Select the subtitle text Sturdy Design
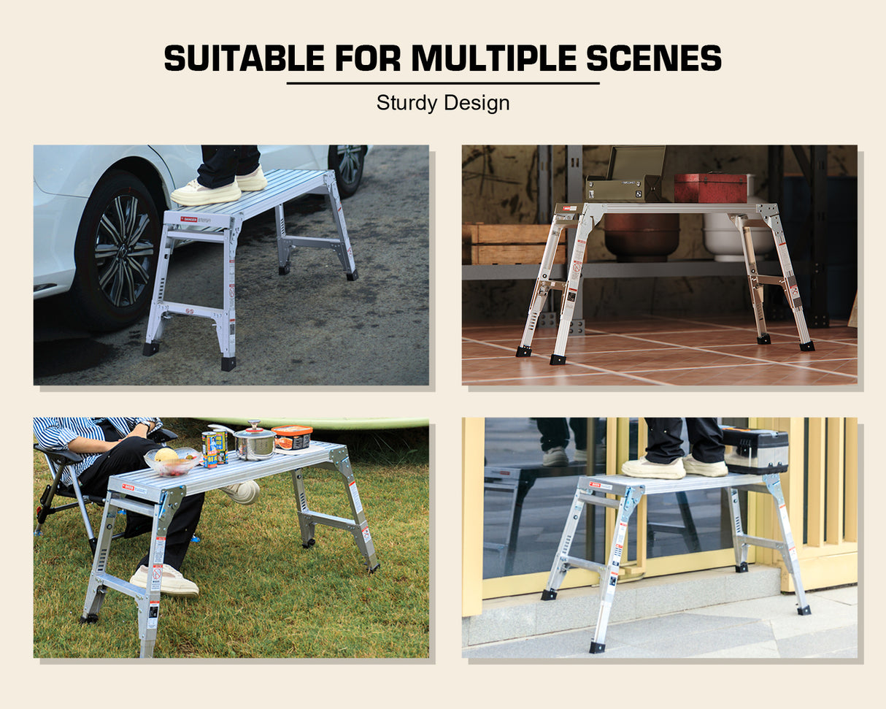point(443,103)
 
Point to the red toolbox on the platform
point(710,188)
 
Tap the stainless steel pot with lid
point(253,442)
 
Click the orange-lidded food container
point(292,437)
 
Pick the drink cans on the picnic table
point(214,448)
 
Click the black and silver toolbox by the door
point(755,451)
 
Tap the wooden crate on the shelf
point(514,244)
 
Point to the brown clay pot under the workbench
point(641,233)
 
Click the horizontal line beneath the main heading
point(443,83)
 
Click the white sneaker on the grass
point(165,580)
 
